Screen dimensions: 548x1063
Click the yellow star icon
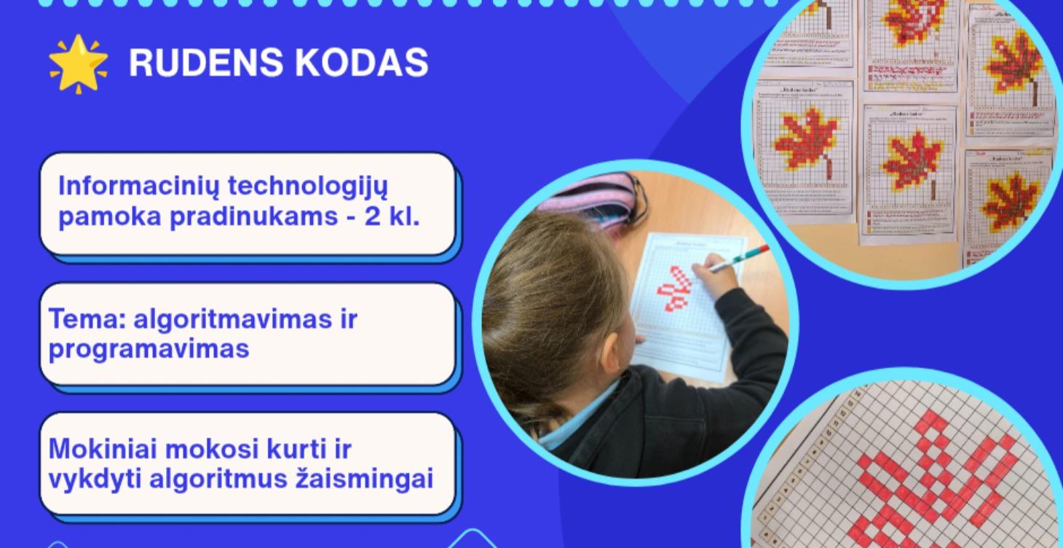[78, 63]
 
